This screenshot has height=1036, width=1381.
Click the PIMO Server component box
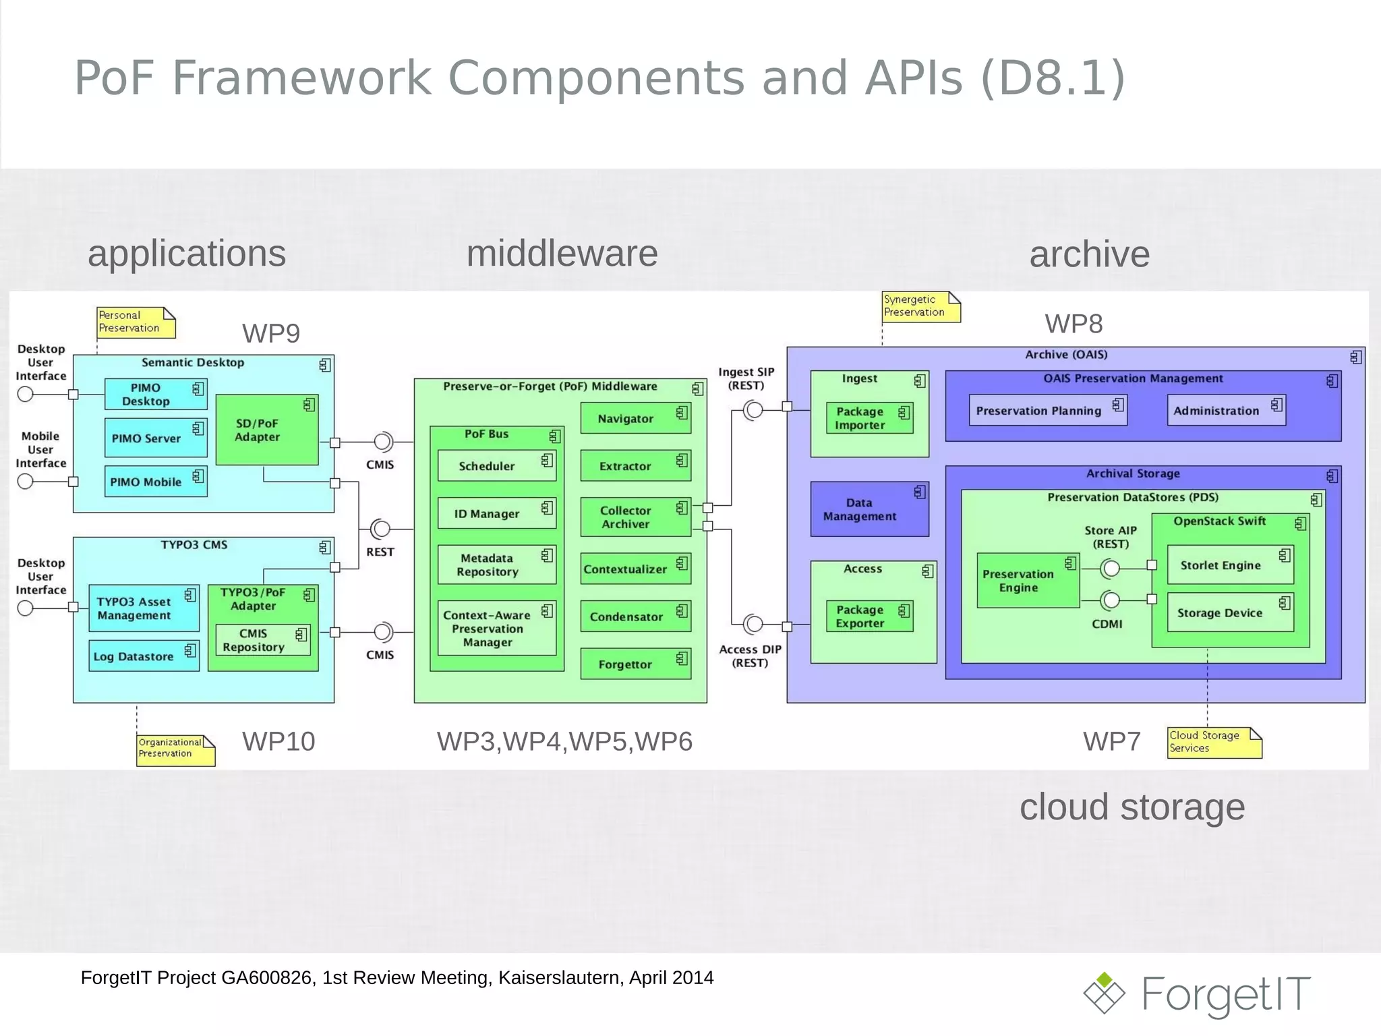[155, 438]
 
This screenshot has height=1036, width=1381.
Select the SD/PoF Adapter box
[266, 430]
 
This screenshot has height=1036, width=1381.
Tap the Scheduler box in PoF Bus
[496, 466]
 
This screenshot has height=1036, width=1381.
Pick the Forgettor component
[635, 664]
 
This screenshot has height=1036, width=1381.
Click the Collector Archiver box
[635, 517]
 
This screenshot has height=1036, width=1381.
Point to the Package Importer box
[869, 418]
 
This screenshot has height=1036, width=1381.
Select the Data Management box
[869, 509]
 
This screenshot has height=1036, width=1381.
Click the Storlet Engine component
[1229, 565]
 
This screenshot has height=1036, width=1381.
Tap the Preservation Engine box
[1027, 581]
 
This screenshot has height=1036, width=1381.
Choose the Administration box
[1225, 410]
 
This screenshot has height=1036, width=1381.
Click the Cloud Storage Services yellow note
[1213, 742]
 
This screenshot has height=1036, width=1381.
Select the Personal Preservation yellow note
[135, 322]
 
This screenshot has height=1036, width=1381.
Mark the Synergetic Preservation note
[920, 306]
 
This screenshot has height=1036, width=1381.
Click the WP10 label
[278, 741]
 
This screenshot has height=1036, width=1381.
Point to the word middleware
[562, 254]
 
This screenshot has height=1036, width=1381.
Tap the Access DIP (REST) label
[750, 656]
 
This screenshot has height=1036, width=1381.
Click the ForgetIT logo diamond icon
[1104, 993]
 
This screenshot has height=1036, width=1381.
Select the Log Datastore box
[143, 656]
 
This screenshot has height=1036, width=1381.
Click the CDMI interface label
[1107, 624]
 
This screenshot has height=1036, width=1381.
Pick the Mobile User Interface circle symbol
[26, 482]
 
